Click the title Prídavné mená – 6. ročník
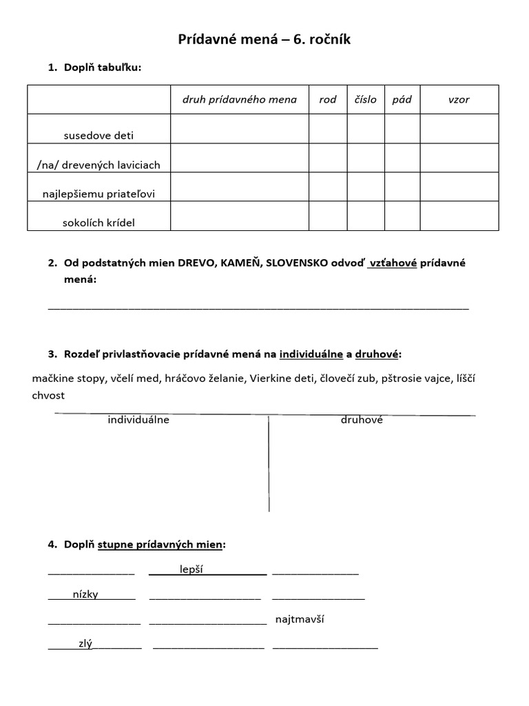tap(264, 40)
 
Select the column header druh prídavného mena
tap(239, 99)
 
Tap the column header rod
tap(328, 99)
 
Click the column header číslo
tap(366, 99)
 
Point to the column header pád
tap(402, 99)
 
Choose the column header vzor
tap(459, 99)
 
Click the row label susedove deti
tap(98, 136)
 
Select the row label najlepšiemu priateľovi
tap(98, 194)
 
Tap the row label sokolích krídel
tap(98, 223)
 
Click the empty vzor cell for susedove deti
tap(459, 129)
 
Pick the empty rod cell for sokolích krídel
tap(328, 216)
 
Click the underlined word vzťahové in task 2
tap(393, 263)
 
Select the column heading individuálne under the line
tap(138, 420)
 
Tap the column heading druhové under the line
tap(362, 420)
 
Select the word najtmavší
tap(300, 619)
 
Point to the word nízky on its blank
tap(85, 594)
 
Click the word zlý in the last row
tap(85, 644)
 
